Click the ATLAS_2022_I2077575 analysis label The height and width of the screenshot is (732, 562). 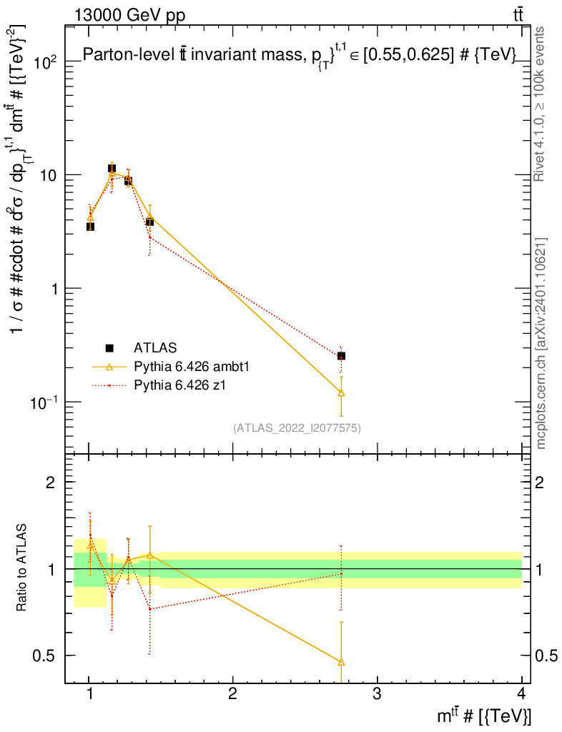tap(297, 428)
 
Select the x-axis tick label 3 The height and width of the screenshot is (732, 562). tap(377, 694)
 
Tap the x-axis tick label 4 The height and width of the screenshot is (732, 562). tap(521, 694)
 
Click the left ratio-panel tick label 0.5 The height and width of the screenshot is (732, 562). tap(46, 656)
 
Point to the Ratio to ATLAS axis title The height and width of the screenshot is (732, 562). tap(22, 568)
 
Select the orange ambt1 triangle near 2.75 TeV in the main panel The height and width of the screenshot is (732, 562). tap(341, 392)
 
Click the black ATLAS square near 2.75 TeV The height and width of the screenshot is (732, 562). tap(341, 355)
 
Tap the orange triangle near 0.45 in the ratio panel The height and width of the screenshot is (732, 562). tap(341, 662)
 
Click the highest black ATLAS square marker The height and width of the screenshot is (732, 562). tap(112, 169)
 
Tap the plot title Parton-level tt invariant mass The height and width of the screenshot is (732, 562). tap(299, 57)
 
